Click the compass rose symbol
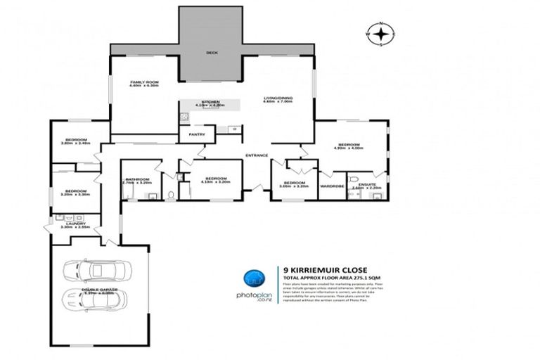point(381,33)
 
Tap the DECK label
point(212,53)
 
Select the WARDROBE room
point(331,186)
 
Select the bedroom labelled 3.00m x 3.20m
point(295,184)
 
